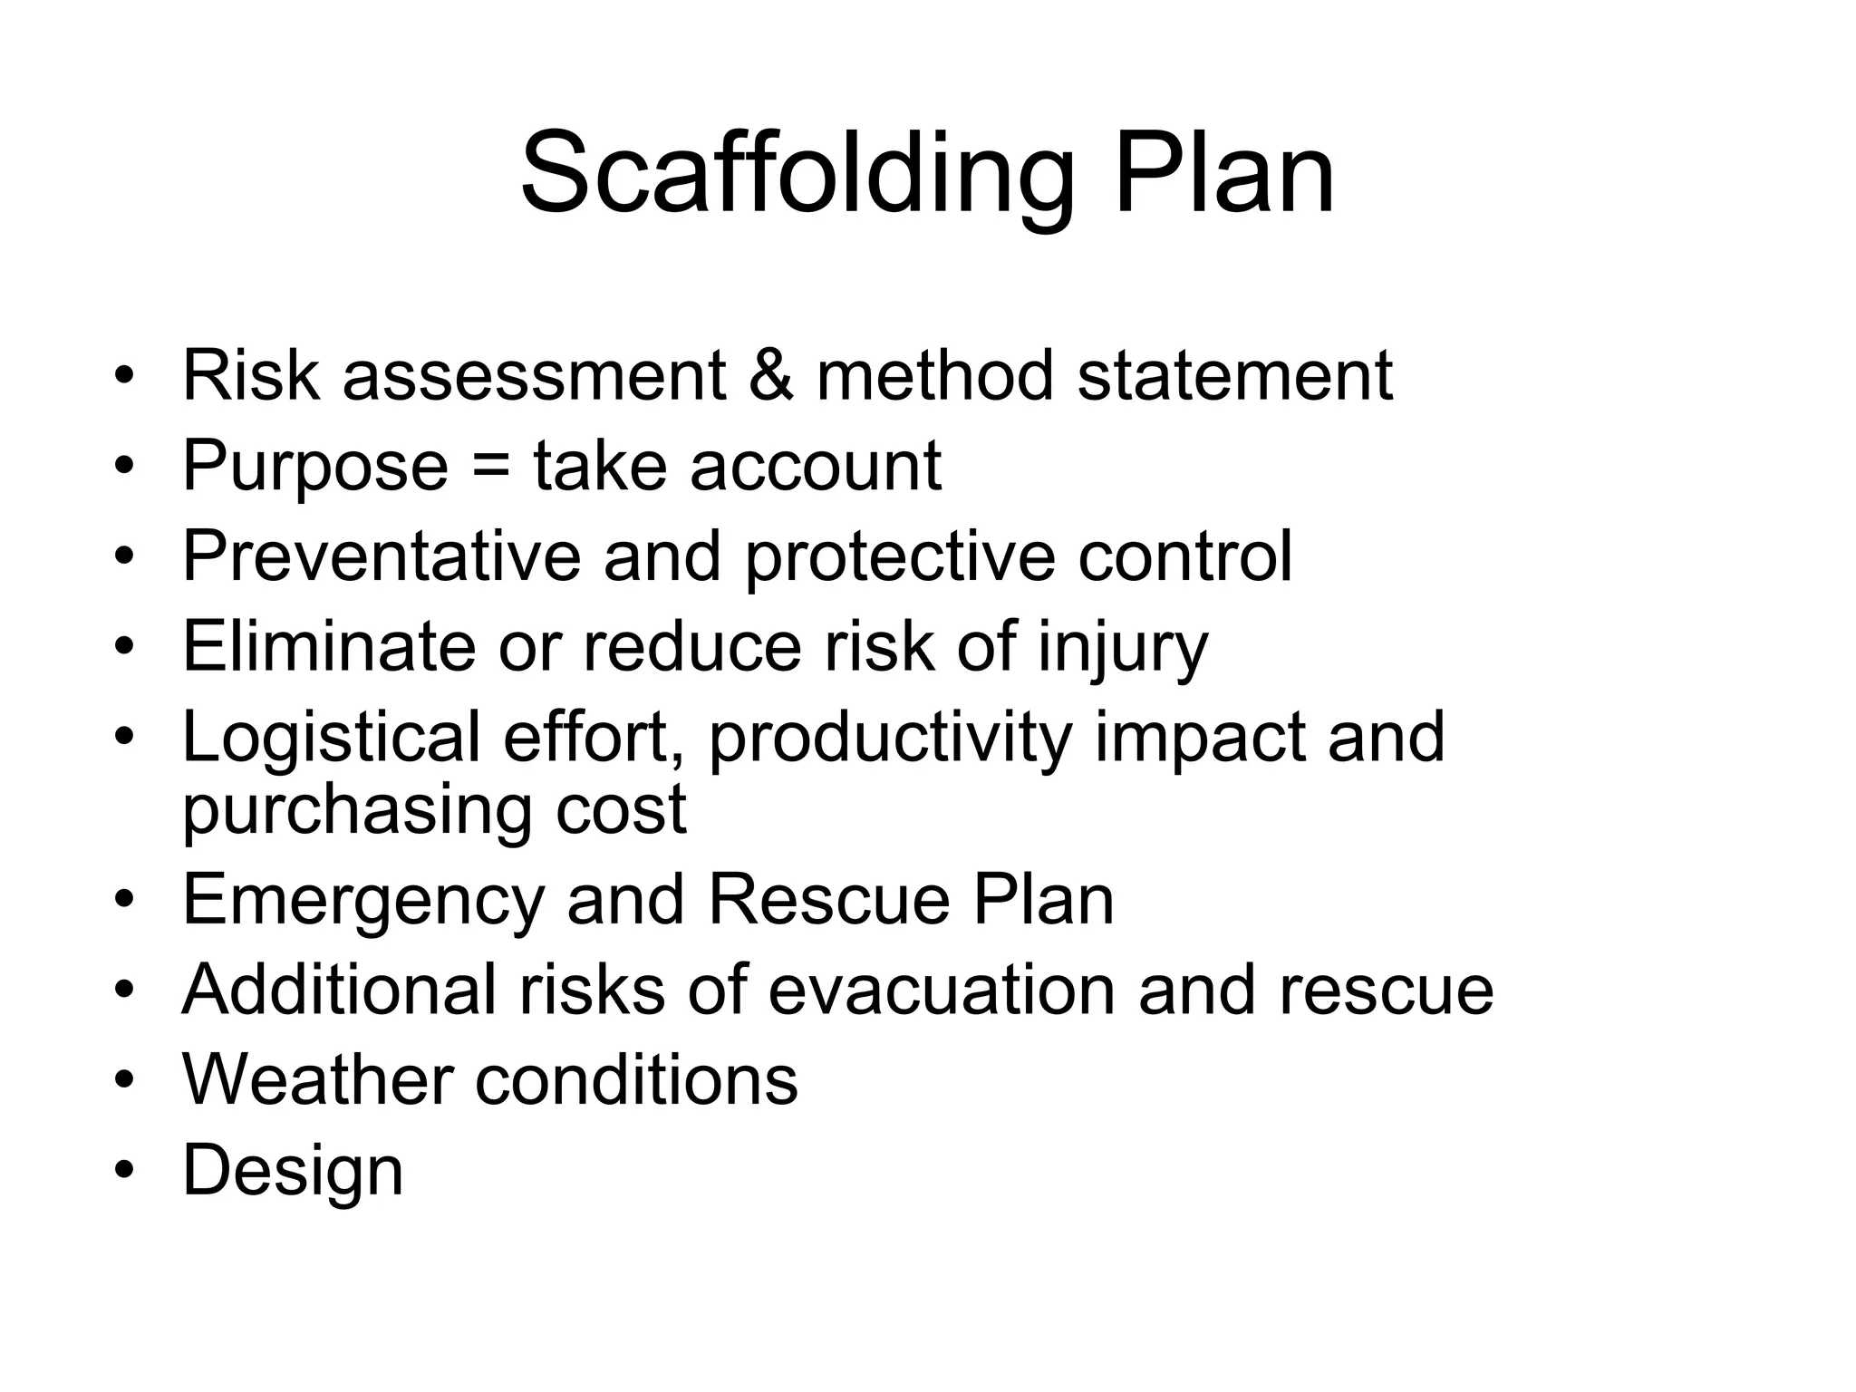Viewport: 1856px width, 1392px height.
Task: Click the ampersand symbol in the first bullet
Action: (771, 375)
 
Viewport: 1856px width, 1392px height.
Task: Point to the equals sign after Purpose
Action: (490, 466)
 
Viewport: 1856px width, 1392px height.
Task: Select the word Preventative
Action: (382, 556)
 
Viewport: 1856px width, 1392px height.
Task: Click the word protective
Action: (900, 556)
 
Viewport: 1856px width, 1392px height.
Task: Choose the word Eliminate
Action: (329, 646)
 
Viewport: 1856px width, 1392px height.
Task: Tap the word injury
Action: (1123, 646)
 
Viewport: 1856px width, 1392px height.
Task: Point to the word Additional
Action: (339, 989)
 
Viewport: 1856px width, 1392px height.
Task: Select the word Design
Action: (293, 1170)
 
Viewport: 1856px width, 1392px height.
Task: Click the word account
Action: (816, 466)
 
